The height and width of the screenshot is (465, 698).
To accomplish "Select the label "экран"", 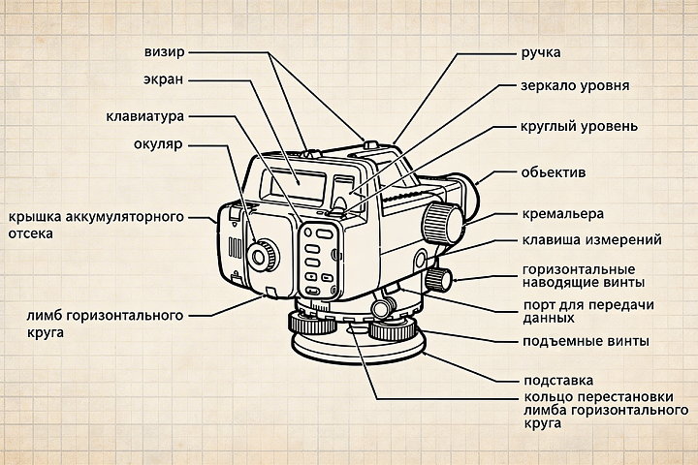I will (165, 79).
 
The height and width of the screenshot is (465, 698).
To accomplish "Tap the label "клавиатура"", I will (144, 117).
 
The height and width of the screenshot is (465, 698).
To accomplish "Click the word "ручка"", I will (541, 50).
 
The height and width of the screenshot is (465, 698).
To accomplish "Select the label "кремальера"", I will (562, 213).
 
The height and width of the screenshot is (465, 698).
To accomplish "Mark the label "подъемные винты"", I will (585, 342).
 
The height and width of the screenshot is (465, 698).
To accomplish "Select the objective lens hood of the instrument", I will (469, 199).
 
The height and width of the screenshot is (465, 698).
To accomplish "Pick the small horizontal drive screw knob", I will (439, 280).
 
